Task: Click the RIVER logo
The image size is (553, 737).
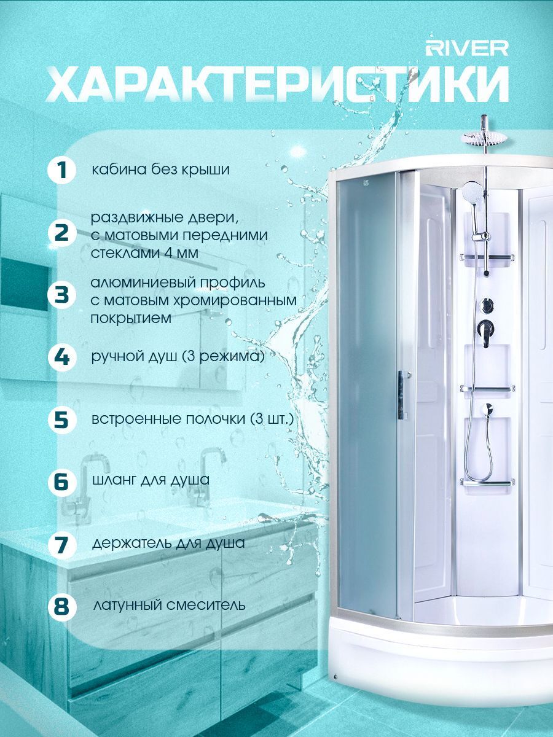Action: click(x=467, y=49)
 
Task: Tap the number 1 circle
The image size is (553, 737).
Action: click(x=61, y=171)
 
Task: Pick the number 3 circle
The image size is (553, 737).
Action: click(x=61, y=296)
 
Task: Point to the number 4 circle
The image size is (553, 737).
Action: click(x=61, y=357)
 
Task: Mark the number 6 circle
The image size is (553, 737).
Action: click(x=61, y=482)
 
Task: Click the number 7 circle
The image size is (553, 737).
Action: click(x=61, y=544)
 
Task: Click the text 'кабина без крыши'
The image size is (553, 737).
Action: click(x=161, y=170)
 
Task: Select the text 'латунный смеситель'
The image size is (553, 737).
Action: click(x=169, y=605)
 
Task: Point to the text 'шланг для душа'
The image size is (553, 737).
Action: click(x=151, y=480)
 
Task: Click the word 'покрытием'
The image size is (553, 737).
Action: click(x=131, y=319)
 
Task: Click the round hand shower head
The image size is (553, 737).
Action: click(x=472, y=192)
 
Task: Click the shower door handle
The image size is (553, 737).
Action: click(x=402, y=395)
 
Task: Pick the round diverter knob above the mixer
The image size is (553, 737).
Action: click(x=486, y=305)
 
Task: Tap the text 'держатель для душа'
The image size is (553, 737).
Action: click(x=168, y=544)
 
